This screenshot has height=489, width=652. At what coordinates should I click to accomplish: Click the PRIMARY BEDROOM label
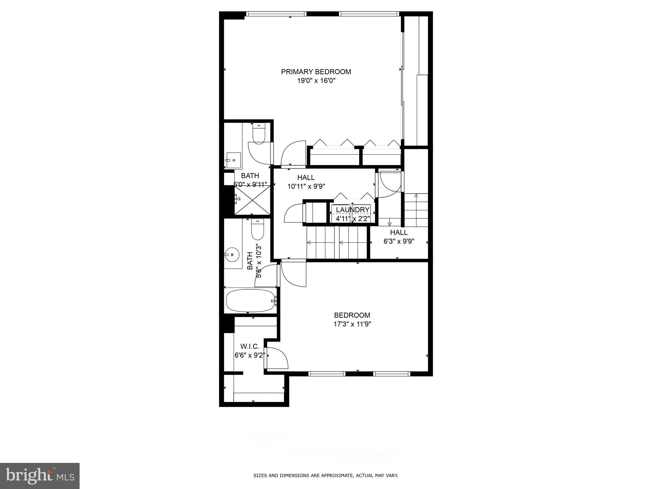click(x=316, y=72)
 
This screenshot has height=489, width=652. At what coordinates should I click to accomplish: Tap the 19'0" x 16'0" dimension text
click(x=316, y=81)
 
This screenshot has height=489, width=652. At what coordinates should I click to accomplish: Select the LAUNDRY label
click(x=352, y=210)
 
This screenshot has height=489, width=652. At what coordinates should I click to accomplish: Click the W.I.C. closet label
click(x=250, y=346)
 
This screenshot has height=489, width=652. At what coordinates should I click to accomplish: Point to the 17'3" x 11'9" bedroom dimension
click(x=352, y=324)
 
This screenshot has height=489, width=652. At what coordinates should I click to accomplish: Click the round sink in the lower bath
click(x=232, y=255)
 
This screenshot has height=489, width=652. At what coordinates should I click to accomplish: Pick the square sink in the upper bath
click(x=233, y=161)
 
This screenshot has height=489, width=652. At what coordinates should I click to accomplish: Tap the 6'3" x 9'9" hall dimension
click(x=399, y=241)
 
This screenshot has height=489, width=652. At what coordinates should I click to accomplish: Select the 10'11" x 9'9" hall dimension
click(x=306, y=187)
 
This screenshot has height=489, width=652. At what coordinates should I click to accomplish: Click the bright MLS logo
click(x=40, y=476)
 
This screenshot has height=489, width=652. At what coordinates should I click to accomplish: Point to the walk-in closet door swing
click(x=277, y=358)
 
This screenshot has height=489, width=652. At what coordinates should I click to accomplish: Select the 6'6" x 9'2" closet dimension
click(x=250, y=355)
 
